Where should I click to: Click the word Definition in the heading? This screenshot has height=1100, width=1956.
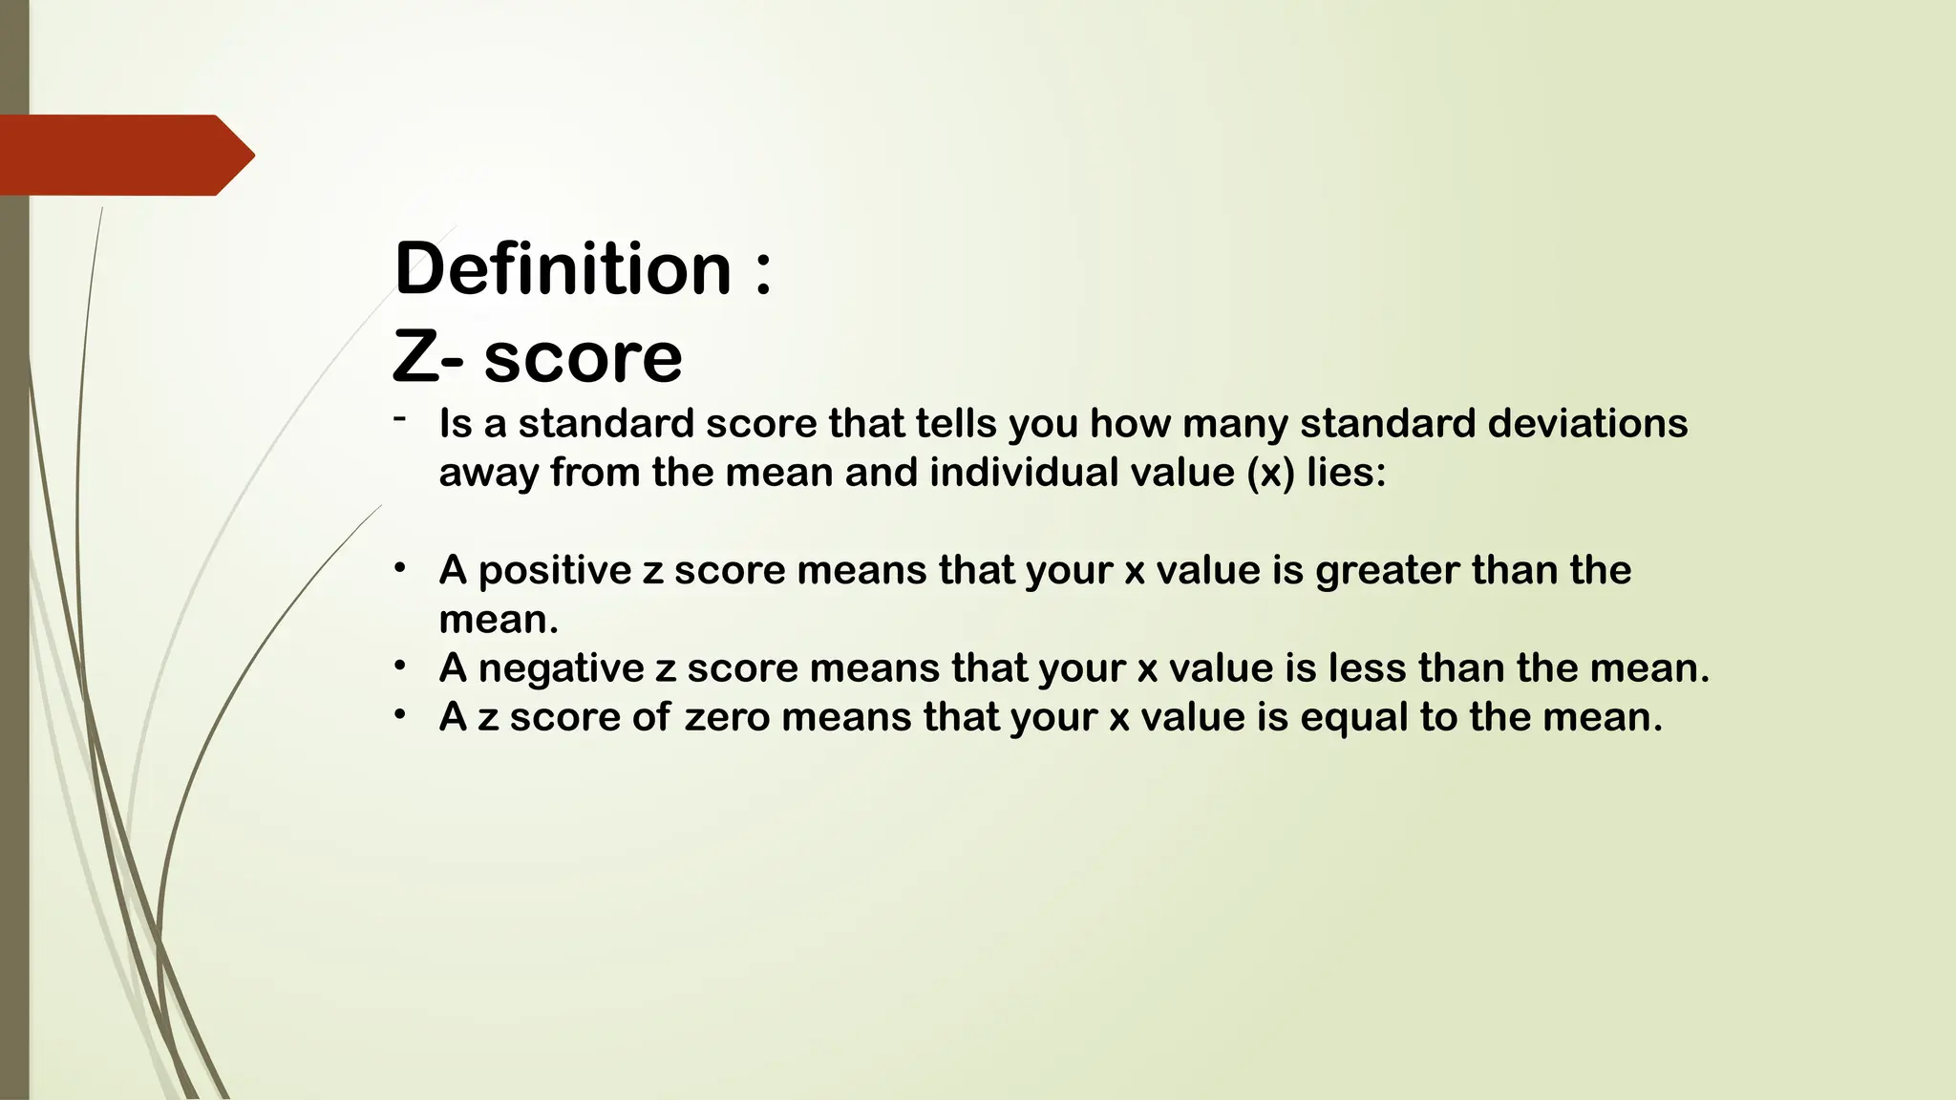563,268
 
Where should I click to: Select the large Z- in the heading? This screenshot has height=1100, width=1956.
429,357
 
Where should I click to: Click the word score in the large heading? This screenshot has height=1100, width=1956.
583,359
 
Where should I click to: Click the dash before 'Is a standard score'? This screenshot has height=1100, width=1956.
399,418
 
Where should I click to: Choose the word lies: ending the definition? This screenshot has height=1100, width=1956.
1346,472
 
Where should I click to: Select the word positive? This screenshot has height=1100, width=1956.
554,571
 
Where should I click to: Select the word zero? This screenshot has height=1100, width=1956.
727,717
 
